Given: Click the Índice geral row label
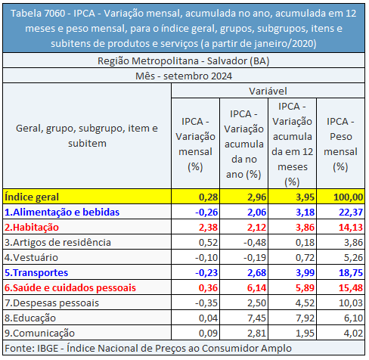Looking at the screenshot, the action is click(x=32, y=197).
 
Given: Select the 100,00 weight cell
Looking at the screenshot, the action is click(x=348, y=197).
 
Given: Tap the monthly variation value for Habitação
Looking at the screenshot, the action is click(x=208, y=227).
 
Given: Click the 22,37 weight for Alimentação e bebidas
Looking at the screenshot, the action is click(x=351, y=212).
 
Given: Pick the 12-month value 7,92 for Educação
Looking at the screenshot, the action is click(x=305, y=318).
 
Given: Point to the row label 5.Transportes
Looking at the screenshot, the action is click(x=36, y=272).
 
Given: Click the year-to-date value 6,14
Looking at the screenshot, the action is click(x=256, y=287).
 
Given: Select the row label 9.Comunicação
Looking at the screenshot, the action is click(x=39, y=333).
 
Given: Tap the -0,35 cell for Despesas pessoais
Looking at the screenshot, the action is click(x=206, y=303).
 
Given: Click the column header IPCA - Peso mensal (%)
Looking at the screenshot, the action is click(x=340, y=144).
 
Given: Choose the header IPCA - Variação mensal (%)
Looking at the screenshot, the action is click(x=195, y=144).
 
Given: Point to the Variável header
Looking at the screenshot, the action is click(x=268, y=91).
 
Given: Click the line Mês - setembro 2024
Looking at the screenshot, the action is click(x=184, y=76).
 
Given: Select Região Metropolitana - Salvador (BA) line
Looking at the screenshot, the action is click(x=184, y=61).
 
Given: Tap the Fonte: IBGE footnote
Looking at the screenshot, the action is click(x=148, y=348).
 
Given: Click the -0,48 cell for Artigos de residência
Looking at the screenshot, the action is click(x=255, y=242).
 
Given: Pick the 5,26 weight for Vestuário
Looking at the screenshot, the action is click(x=353, y=257).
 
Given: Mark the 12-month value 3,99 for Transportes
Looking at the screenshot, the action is click(x=305, y=272).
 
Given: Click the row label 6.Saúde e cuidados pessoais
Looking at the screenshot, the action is click(x=70, y=287).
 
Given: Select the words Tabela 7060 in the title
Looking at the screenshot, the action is click(x=38, y=13).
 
